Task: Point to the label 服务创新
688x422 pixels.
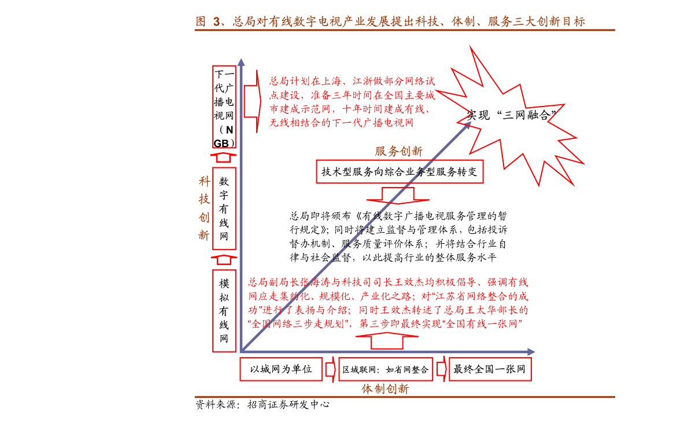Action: point(398,152)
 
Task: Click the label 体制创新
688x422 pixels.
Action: point(385,388)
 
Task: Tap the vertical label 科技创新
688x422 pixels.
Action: point(204,208)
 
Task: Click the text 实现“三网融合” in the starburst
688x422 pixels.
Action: point(511,115)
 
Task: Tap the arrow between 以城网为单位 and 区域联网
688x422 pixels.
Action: point(331,369)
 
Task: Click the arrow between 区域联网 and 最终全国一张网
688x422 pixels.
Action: point(441,369)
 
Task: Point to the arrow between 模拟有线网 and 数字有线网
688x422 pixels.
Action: point(224,260)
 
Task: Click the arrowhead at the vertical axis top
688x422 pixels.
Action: point(241,62)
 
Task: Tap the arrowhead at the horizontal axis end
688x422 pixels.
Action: point(531,352)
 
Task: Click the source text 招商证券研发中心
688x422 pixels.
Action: point(288,405)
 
